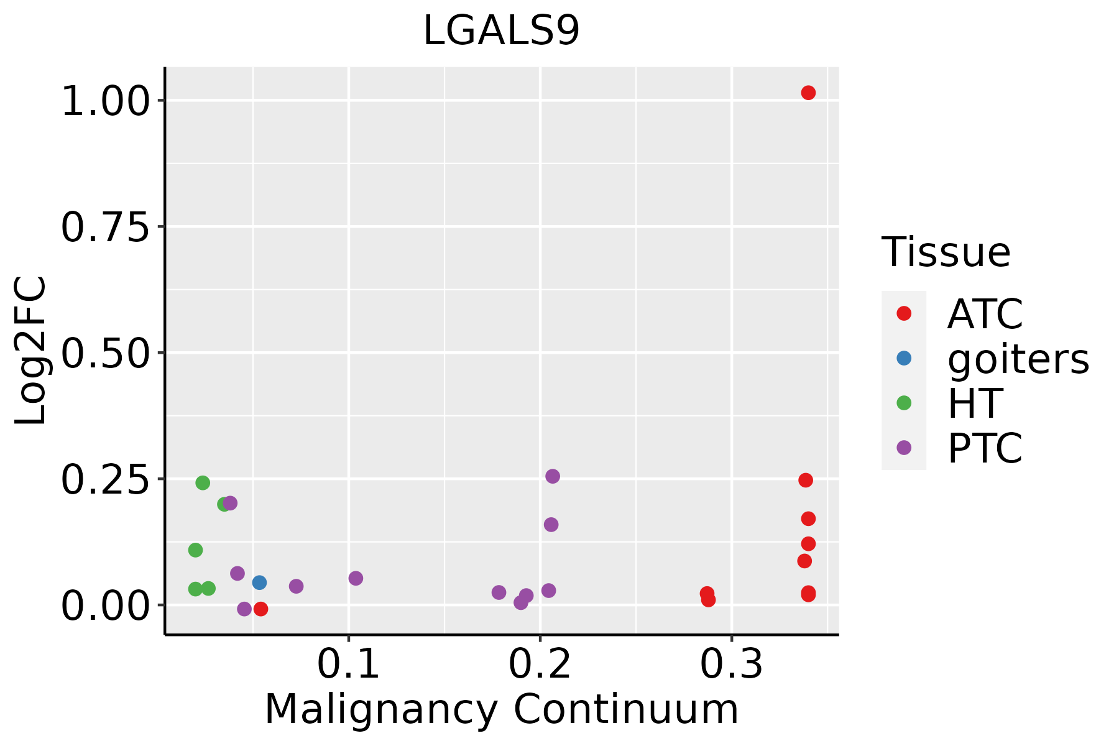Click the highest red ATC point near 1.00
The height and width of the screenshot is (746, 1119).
coord(808,93)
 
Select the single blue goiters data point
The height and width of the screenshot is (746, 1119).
coord(259,583)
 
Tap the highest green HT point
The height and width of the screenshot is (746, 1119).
coord(203,482)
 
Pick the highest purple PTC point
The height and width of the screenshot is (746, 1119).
coord(553,476)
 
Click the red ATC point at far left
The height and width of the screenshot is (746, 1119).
coord(261,609)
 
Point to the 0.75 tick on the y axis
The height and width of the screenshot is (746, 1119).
coord(106,227)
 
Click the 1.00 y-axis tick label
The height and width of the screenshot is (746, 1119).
coord(106,101)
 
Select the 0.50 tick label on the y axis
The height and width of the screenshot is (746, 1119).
coord(106,353)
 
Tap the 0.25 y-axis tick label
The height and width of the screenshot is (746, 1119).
coord(106,479)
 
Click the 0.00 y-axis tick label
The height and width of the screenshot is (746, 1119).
coord(106,606)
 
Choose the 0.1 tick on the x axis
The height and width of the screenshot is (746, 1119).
coord(348,664)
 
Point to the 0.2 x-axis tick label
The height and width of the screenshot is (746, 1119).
coord(540,664)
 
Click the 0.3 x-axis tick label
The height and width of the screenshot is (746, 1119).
coord(731,664)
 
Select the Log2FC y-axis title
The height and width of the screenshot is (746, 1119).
coord(31,351)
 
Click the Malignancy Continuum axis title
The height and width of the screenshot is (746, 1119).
coord(501,709)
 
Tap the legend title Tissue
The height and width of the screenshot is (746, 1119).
coord(946,252)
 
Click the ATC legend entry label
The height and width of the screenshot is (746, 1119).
coord(985,314)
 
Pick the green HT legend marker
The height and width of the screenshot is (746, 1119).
coord(904,403)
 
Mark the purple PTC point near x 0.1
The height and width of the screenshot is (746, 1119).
coord(356,578)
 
